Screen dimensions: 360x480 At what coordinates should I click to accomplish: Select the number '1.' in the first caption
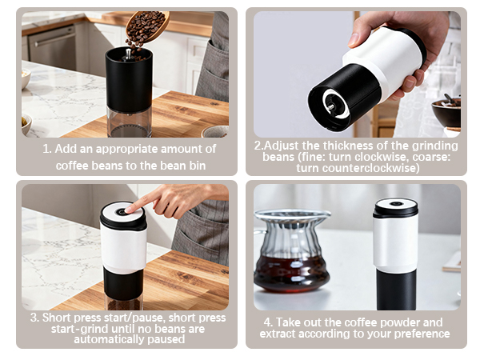[x=46, y=149]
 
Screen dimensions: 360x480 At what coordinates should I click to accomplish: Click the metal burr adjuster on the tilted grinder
[x=330, y=102]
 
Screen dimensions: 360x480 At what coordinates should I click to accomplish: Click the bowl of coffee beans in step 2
[x=446, y=111]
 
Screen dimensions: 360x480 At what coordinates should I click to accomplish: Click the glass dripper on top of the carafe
[x=292, y=228]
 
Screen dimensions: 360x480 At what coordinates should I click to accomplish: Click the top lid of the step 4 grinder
[x=396, y=206]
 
